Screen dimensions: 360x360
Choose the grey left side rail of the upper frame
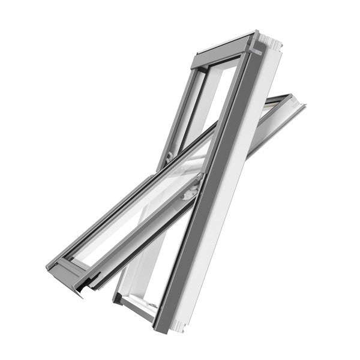pyautogui.click(x=180, y=108)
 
